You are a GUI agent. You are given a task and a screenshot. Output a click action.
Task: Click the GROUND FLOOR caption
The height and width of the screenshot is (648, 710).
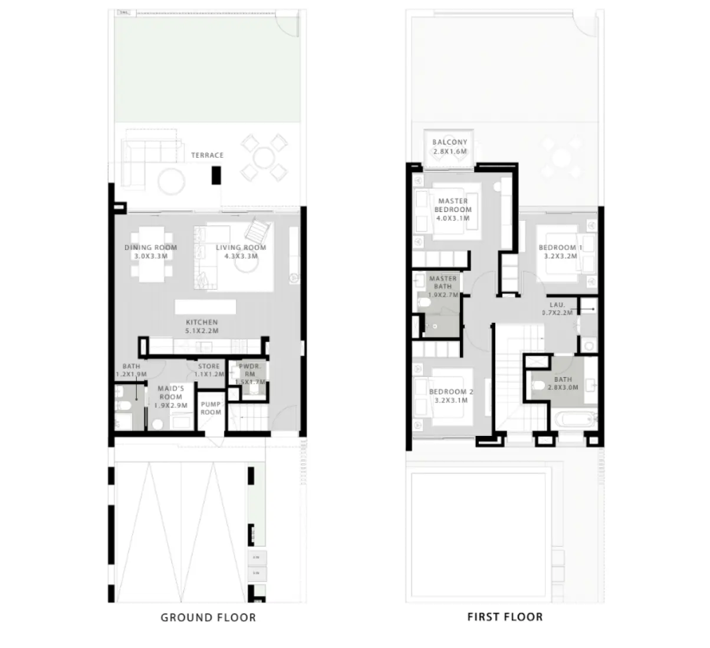pos(208,618)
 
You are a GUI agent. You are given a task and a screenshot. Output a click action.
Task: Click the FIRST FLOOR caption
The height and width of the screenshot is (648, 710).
pos(505,617)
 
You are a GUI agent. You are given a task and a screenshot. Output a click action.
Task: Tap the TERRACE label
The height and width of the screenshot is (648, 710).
pos(207,156)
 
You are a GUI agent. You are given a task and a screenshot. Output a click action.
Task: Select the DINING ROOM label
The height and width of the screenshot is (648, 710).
pos(150,248)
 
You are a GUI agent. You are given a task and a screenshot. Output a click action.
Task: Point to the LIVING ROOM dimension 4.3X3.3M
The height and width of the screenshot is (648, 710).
pos(241,256)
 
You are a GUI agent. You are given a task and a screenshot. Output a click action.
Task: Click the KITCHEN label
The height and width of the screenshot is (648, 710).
pos(202,323)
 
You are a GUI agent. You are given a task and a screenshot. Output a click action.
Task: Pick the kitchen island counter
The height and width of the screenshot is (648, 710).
pos(205,307)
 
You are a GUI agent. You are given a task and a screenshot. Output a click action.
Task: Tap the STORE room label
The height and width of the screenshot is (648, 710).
pos(209,366)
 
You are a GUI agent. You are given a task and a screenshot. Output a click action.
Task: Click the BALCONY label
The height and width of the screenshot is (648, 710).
pos(449,143)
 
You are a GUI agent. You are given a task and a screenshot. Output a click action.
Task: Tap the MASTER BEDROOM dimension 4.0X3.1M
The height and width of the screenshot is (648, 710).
pos(453,218)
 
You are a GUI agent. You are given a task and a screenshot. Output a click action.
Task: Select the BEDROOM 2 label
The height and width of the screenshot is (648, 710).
pos(451,392)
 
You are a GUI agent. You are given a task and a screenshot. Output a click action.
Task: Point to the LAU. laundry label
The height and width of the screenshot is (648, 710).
pos(557,305)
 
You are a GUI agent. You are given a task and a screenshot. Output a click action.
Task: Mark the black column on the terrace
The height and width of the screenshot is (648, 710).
pos(216,175)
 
